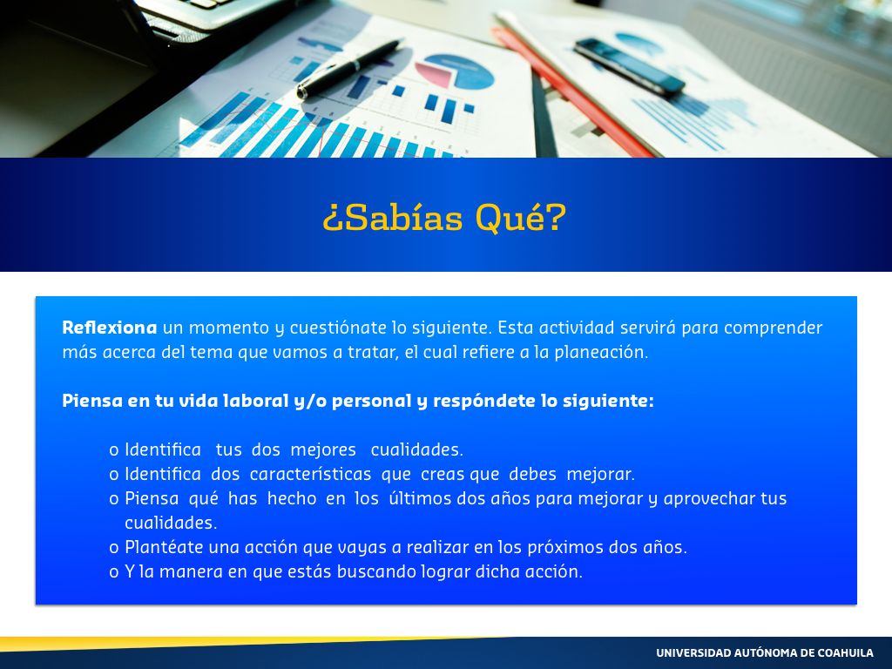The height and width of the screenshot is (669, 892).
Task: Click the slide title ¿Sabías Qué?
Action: pos(444,218)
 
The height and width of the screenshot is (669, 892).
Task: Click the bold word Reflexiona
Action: pos(109,328)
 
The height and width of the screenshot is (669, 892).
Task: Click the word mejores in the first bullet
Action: pos(323,450)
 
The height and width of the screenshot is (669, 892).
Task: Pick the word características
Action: pos(310,474)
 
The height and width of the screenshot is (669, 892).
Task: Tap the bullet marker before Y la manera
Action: pos(114,572)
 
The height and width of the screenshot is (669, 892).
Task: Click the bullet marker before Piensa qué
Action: pos(114,499)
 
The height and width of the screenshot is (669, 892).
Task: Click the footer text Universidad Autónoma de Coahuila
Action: pos(765,653)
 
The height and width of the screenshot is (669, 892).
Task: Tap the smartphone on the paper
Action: pos(629,66)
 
